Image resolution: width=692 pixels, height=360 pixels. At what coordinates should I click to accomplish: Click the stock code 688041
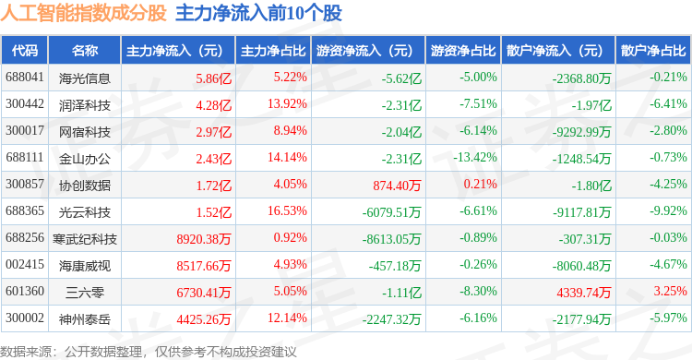point(25,78)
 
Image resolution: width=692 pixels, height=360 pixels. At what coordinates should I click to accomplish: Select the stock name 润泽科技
point(85,105)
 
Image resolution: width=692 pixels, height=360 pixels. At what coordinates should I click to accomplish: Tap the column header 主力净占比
point(273,51)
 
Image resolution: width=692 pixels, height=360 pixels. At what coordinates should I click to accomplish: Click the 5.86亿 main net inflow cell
point(214,78)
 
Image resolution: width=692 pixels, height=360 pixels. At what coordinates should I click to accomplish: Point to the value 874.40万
point(397,186)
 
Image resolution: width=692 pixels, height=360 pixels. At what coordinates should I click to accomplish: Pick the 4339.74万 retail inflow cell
point(584,293)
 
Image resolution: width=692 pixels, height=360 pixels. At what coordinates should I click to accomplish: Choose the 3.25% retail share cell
point(671,291)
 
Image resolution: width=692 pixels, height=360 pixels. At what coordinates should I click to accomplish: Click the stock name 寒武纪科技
point(85,239)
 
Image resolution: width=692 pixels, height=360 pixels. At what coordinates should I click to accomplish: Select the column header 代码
point(25,51)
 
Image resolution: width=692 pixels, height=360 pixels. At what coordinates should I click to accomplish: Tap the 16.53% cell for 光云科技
point(287,210)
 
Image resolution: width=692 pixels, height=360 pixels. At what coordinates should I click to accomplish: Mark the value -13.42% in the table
point(475,157)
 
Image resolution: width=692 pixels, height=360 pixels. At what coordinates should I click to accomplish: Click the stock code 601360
point(25,291)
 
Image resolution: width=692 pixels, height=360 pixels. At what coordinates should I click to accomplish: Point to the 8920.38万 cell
point(204,239)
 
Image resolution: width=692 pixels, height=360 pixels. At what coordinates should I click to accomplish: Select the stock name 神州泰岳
point(85,319)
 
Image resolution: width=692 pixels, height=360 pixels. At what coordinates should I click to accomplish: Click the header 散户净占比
point(653,51)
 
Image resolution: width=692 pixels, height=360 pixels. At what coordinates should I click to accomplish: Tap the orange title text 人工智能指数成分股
point(83,13)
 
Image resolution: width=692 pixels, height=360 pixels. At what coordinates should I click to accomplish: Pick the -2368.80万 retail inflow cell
point(581,78)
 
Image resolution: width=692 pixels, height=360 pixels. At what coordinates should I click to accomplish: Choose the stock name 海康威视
point(85,266)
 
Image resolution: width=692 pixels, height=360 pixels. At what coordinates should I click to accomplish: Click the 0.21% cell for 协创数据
point(480,184)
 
